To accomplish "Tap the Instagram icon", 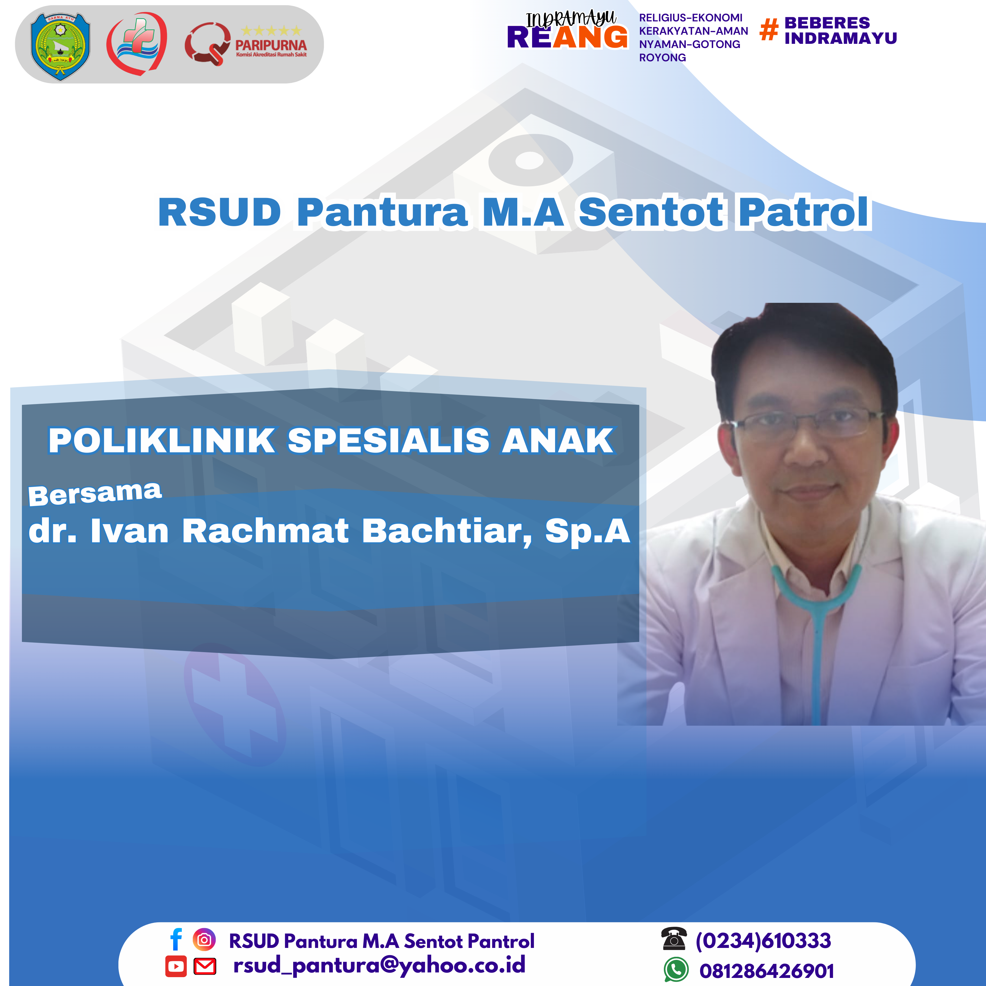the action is (204, 940).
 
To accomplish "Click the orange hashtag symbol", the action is (769, 29).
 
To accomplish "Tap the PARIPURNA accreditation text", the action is (271, 45).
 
